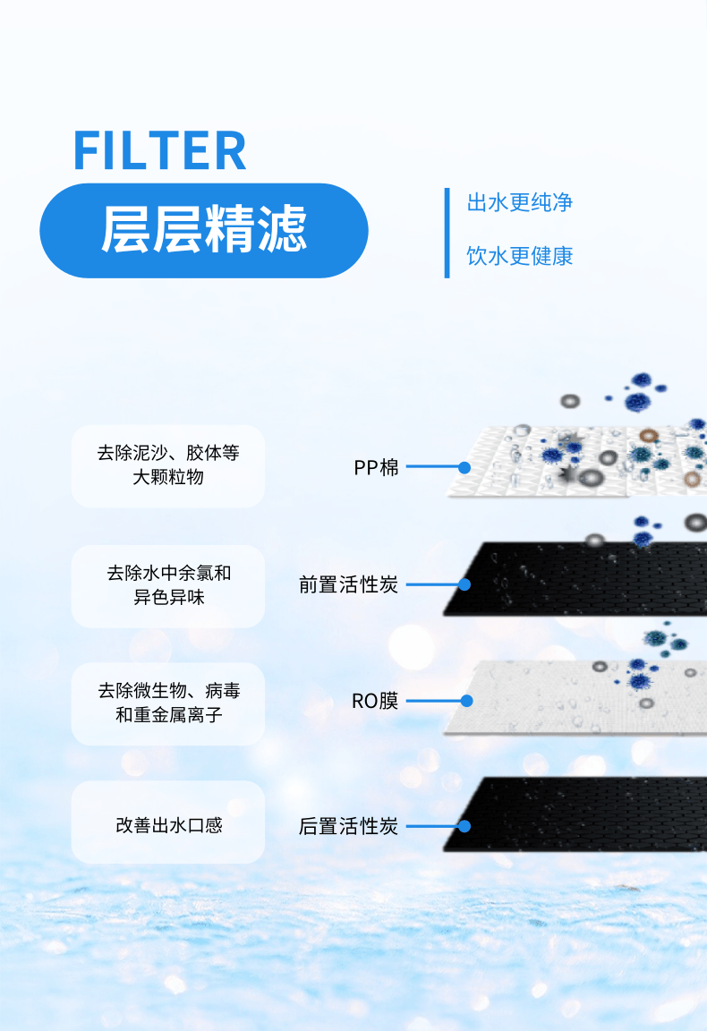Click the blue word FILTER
[159, 150]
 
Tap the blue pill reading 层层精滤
[204, 230]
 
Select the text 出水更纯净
[519, 202]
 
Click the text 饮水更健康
[519, 256]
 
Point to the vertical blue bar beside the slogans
[447, 233]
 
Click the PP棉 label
[376, 467]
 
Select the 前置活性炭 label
[348, 584]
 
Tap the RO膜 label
[375, 701]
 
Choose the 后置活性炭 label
[348, 826]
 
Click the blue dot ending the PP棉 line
[464, 467]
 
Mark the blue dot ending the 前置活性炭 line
[464, 584]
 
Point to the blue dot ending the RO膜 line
[464, 701]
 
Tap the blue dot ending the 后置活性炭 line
[464, 826]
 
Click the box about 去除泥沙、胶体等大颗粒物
[168, 465]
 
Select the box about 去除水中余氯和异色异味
[168, 585]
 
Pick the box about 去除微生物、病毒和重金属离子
[168, 703]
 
